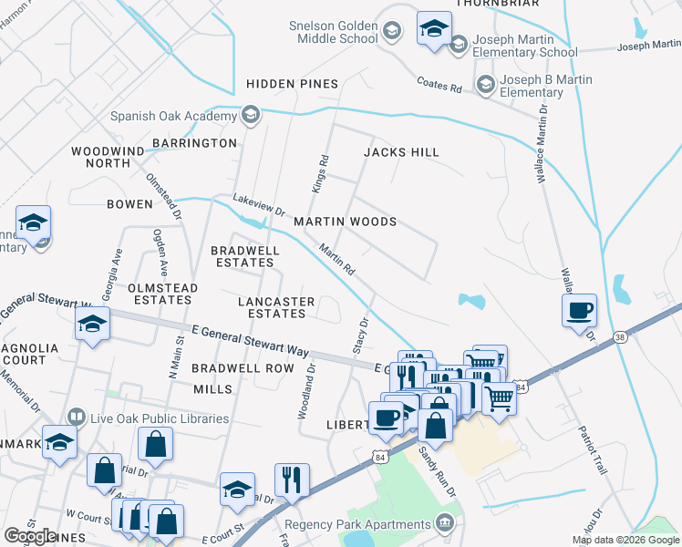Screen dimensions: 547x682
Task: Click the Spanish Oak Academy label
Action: (173, 116)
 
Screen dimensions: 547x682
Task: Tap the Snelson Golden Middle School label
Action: (333, 32)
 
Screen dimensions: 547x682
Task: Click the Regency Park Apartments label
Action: (357, 524)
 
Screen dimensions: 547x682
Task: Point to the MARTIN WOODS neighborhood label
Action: (345, 222)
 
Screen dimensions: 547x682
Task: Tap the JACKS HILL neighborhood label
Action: (401, 152)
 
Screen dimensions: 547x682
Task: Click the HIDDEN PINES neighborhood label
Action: (292, 84)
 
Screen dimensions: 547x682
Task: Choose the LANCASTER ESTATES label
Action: (276, 307)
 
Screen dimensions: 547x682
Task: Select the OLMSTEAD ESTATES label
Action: (162, 294)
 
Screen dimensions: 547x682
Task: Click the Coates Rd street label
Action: (439, 85)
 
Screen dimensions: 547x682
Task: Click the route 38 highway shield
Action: (619, 336)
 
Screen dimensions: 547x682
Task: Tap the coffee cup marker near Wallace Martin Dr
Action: (579, 311)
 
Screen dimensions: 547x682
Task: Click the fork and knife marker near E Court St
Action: (292, 480)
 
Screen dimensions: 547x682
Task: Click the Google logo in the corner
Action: (30, 536)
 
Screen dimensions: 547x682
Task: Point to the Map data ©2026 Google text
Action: (625, 541)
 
